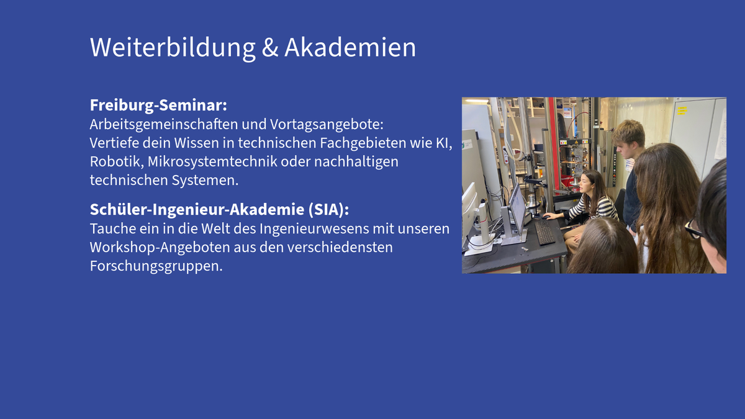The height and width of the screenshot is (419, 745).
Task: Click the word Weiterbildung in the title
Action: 173,48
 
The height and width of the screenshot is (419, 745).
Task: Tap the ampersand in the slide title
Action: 269,48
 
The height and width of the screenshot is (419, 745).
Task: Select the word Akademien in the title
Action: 350,48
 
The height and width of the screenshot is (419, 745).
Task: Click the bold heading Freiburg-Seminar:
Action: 158,106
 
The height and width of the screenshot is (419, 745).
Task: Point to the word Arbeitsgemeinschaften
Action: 164,125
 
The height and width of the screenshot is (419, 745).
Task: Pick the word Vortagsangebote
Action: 327,125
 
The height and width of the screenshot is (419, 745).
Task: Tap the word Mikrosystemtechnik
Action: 212,162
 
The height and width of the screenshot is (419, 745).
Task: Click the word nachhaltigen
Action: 356,162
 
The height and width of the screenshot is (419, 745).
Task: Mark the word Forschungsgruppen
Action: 156,266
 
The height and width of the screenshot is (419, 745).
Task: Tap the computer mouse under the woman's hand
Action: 546,217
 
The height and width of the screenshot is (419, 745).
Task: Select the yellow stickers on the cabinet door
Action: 682,110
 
